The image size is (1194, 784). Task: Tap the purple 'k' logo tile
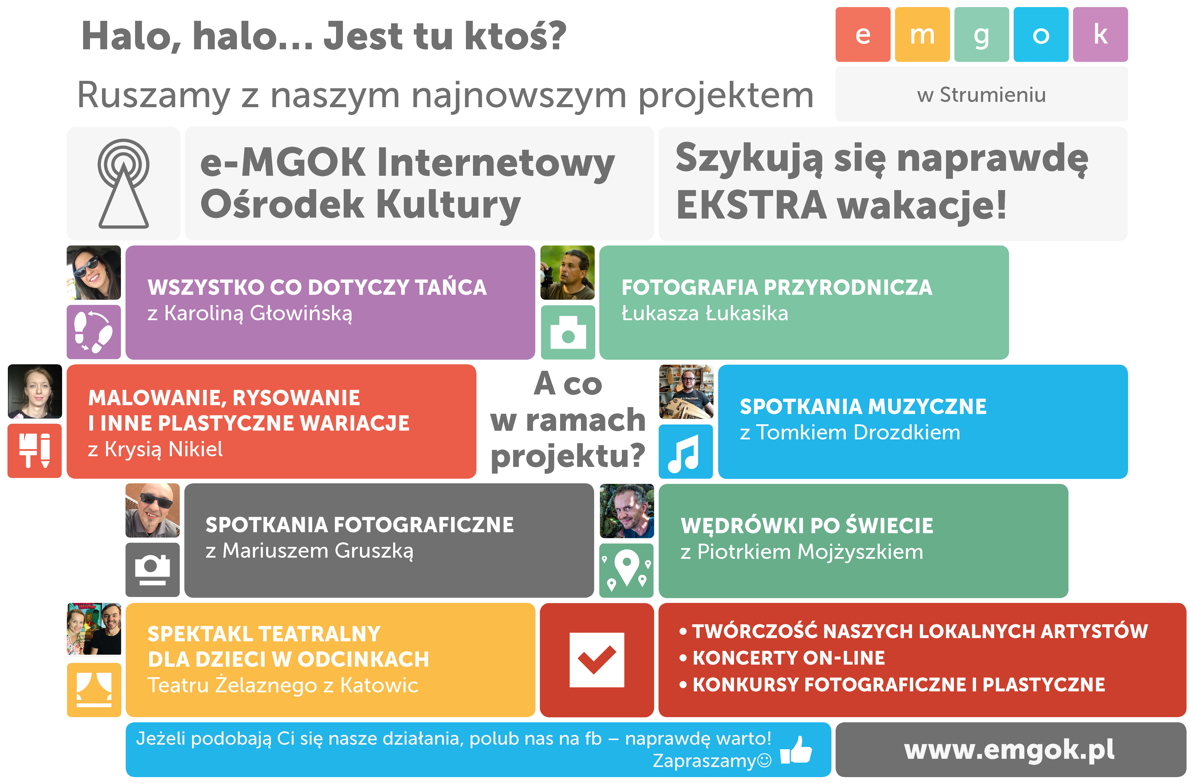[x=1100, y=34]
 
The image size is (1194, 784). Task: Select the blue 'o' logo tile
[x=1041, y=34]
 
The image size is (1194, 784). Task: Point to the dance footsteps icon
[x=94, y=332]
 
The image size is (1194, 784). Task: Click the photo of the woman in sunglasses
[x=94, y=272]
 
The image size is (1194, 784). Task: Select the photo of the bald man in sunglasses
[x=152, y=510]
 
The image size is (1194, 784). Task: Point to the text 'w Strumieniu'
[x=982, y=95]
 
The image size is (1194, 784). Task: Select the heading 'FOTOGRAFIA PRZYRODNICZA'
[x=777, y=288]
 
